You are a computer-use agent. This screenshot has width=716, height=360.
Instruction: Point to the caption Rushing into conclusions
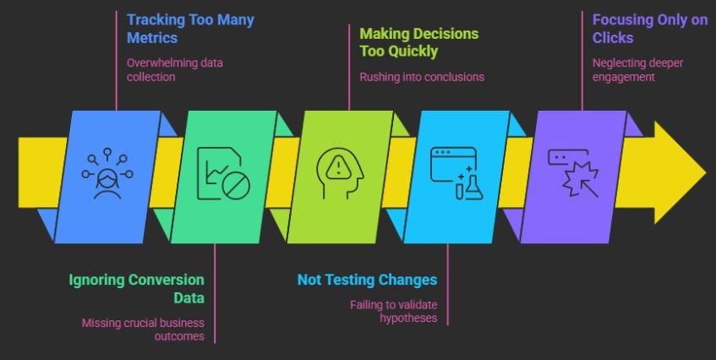tap(421, 77)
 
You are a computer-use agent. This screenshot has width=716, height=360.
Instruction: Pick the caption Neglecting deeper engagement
tap(637, 68)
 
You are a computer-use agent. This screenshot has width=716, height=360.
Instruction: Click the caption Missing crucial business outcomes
tap(143, 330)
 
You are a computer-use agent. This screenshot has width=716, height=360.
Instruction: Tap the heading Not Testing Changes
tap(367, 280)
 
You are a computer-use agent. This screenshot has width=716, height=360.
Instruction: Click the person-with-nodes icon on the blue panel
tap(107, 174)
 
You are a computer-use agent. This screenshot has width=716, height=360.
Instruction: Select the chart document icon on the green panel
tap(222, 173)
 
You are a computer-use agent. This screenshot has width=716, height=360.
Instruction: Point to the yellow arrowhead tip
tap(703, 172)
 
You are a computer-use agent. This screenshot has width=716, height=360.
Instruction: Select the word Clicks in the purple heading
tap(613, 37)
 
